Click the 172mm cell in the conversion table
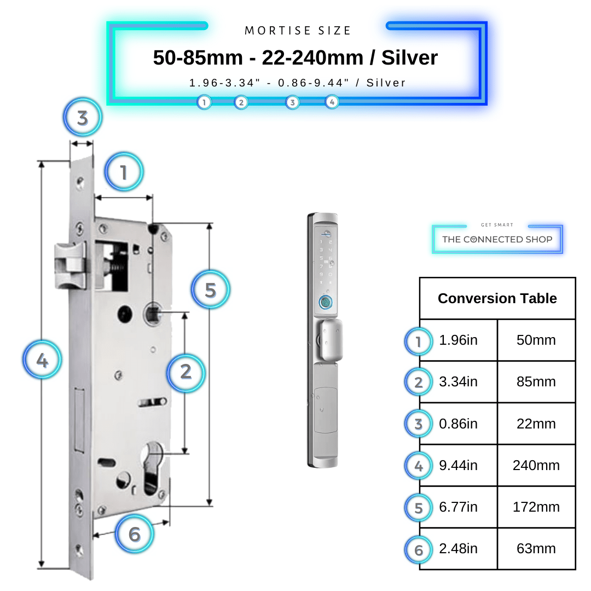(536, 507)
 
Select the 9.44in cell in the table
(458, 465)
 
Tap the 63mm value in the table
(536, 548)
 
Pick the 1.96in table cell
(458, 340)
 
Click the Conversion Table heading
(497, 298)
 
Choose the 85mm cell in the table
(536, 381)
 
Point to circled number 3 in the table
(419, 424)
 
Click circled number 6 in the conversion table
(419, 549)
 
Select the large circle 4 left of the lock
(42, 360)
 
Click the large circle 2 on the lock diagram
(186, 372)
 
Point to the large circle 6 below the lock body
(135, 534)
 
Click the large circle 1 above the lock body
(124, 172)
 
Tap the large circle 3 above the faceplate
(83, 118)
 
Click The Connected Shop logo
(497, 239)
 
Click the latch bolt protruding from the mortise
(69, 265)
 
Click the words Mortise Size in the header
(298, 31)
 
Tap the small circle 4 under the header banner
(332, 102)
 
